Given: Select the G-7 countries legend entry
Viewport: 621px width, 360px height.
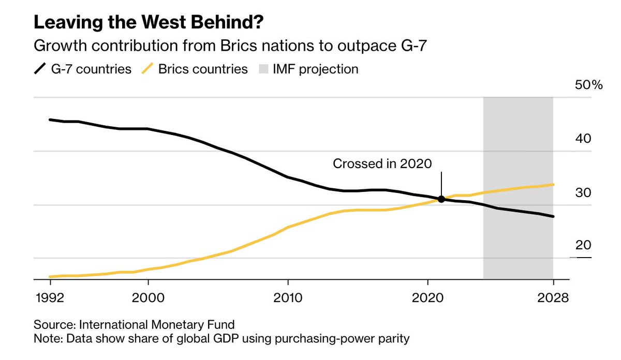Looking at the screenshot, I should coord(83,69).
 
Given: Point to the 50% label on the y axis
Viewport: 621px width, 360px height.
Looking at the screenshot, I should coord(589,85).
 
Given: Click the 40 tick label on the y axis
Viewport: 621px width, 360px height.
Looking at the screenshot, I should coord(584,139).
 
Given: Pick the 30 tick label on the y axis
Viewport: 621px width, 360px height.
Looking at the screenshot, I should coord(584,192).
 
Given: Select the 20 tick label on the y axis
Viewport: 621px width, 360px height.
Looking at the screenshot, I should coord(584,245).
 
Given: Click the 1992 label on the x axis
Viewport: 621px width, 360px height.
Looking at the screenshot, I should coord(50,298).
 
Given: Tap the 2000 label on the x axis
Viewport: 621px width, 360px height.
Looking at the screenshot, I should coord(148,298).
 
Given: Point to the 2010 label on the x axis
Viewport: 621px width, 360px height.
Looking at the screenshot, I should coord(287,298).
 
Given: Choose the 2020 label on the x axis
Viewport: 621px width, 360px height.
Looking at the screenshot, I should coord(427,298).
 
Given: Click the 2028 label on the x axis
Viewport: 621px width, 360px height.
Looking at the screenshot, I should coord(553,298).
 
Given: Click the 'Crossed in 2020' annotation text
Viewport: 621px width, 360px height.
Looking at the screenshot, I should coord(382,164).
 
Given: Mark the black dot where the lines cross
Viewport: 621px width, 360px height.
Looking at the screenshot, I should coord(441,199).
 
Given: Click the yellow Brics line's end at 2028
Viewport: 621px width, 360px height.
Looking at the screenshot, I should coord(553,185).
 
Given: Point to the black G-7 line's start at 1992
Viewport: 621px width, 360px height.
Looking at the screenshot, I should coord(50,119).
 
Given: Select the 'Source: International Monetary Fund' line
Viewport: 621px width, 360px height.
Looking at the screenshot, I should coord(134,325).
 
